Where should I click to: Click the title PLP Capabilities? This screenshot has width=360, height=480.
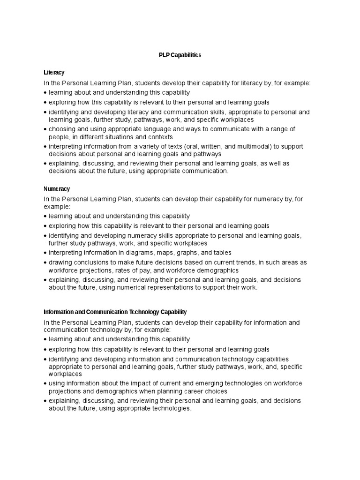click(180, 55)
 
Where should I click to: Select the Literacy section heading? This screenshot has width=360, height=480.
click(54, 73)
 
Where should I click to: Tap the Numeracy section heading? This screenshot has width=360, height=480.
click(57, 189)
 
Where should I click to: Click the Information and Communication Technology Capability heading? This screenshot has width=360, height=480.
click(115, 312)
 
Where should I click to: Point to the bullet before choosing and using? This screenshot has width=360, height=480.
click(45, 129)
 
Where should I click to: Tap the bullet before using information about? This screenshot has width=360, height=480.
click(45, 384)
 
